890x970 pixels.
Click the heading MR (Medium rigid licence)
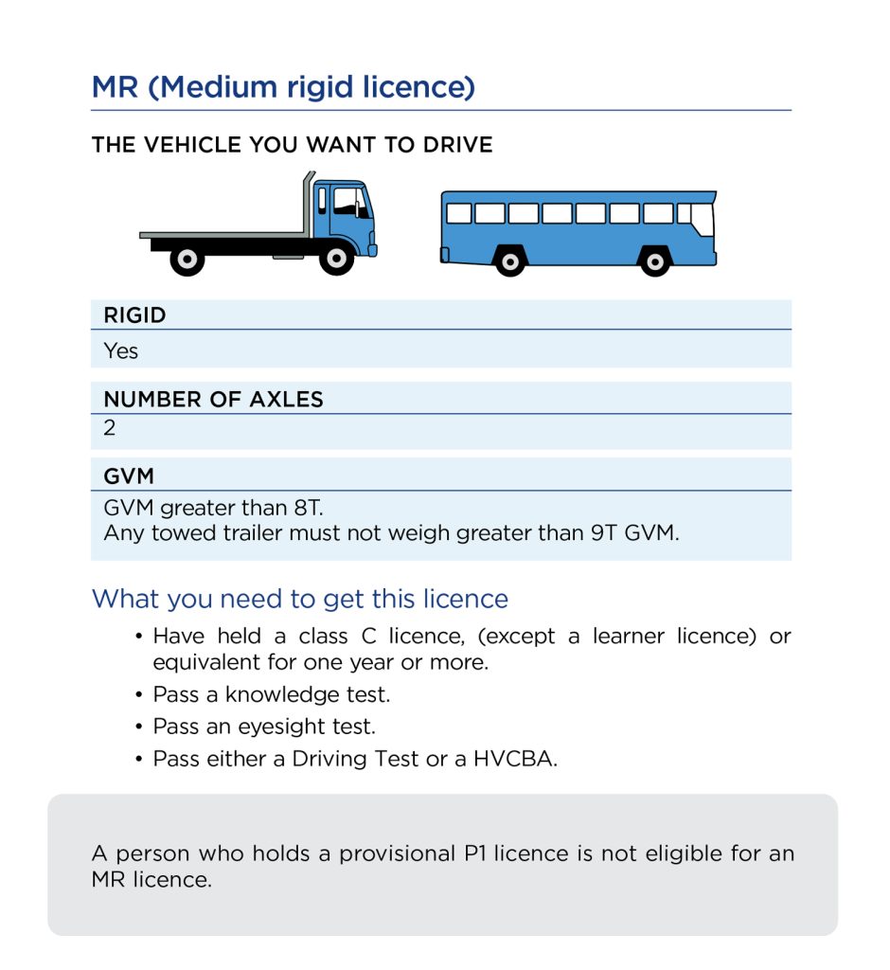coord(283,87)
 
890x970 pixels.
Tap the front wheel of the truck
coord(336,258)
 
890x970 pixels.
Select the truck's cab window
coord(349,202)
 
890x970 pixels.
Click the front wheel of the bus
coord(654,260)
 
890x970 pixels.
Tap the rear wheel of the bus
coord(509,260)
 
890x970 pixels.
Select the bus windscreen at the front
coord(701,219)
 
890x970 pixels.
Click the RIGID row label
coord(134,315)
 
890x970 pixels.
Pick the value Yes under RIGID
coord(120,350)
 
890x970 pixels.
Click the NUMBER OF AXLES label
coord(213,400)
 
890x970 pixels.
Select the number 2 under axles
coord(110,427)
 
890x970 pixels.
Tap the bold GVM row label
coord(128,476)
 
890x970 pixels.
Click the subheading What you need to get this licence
coord(299,599)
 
